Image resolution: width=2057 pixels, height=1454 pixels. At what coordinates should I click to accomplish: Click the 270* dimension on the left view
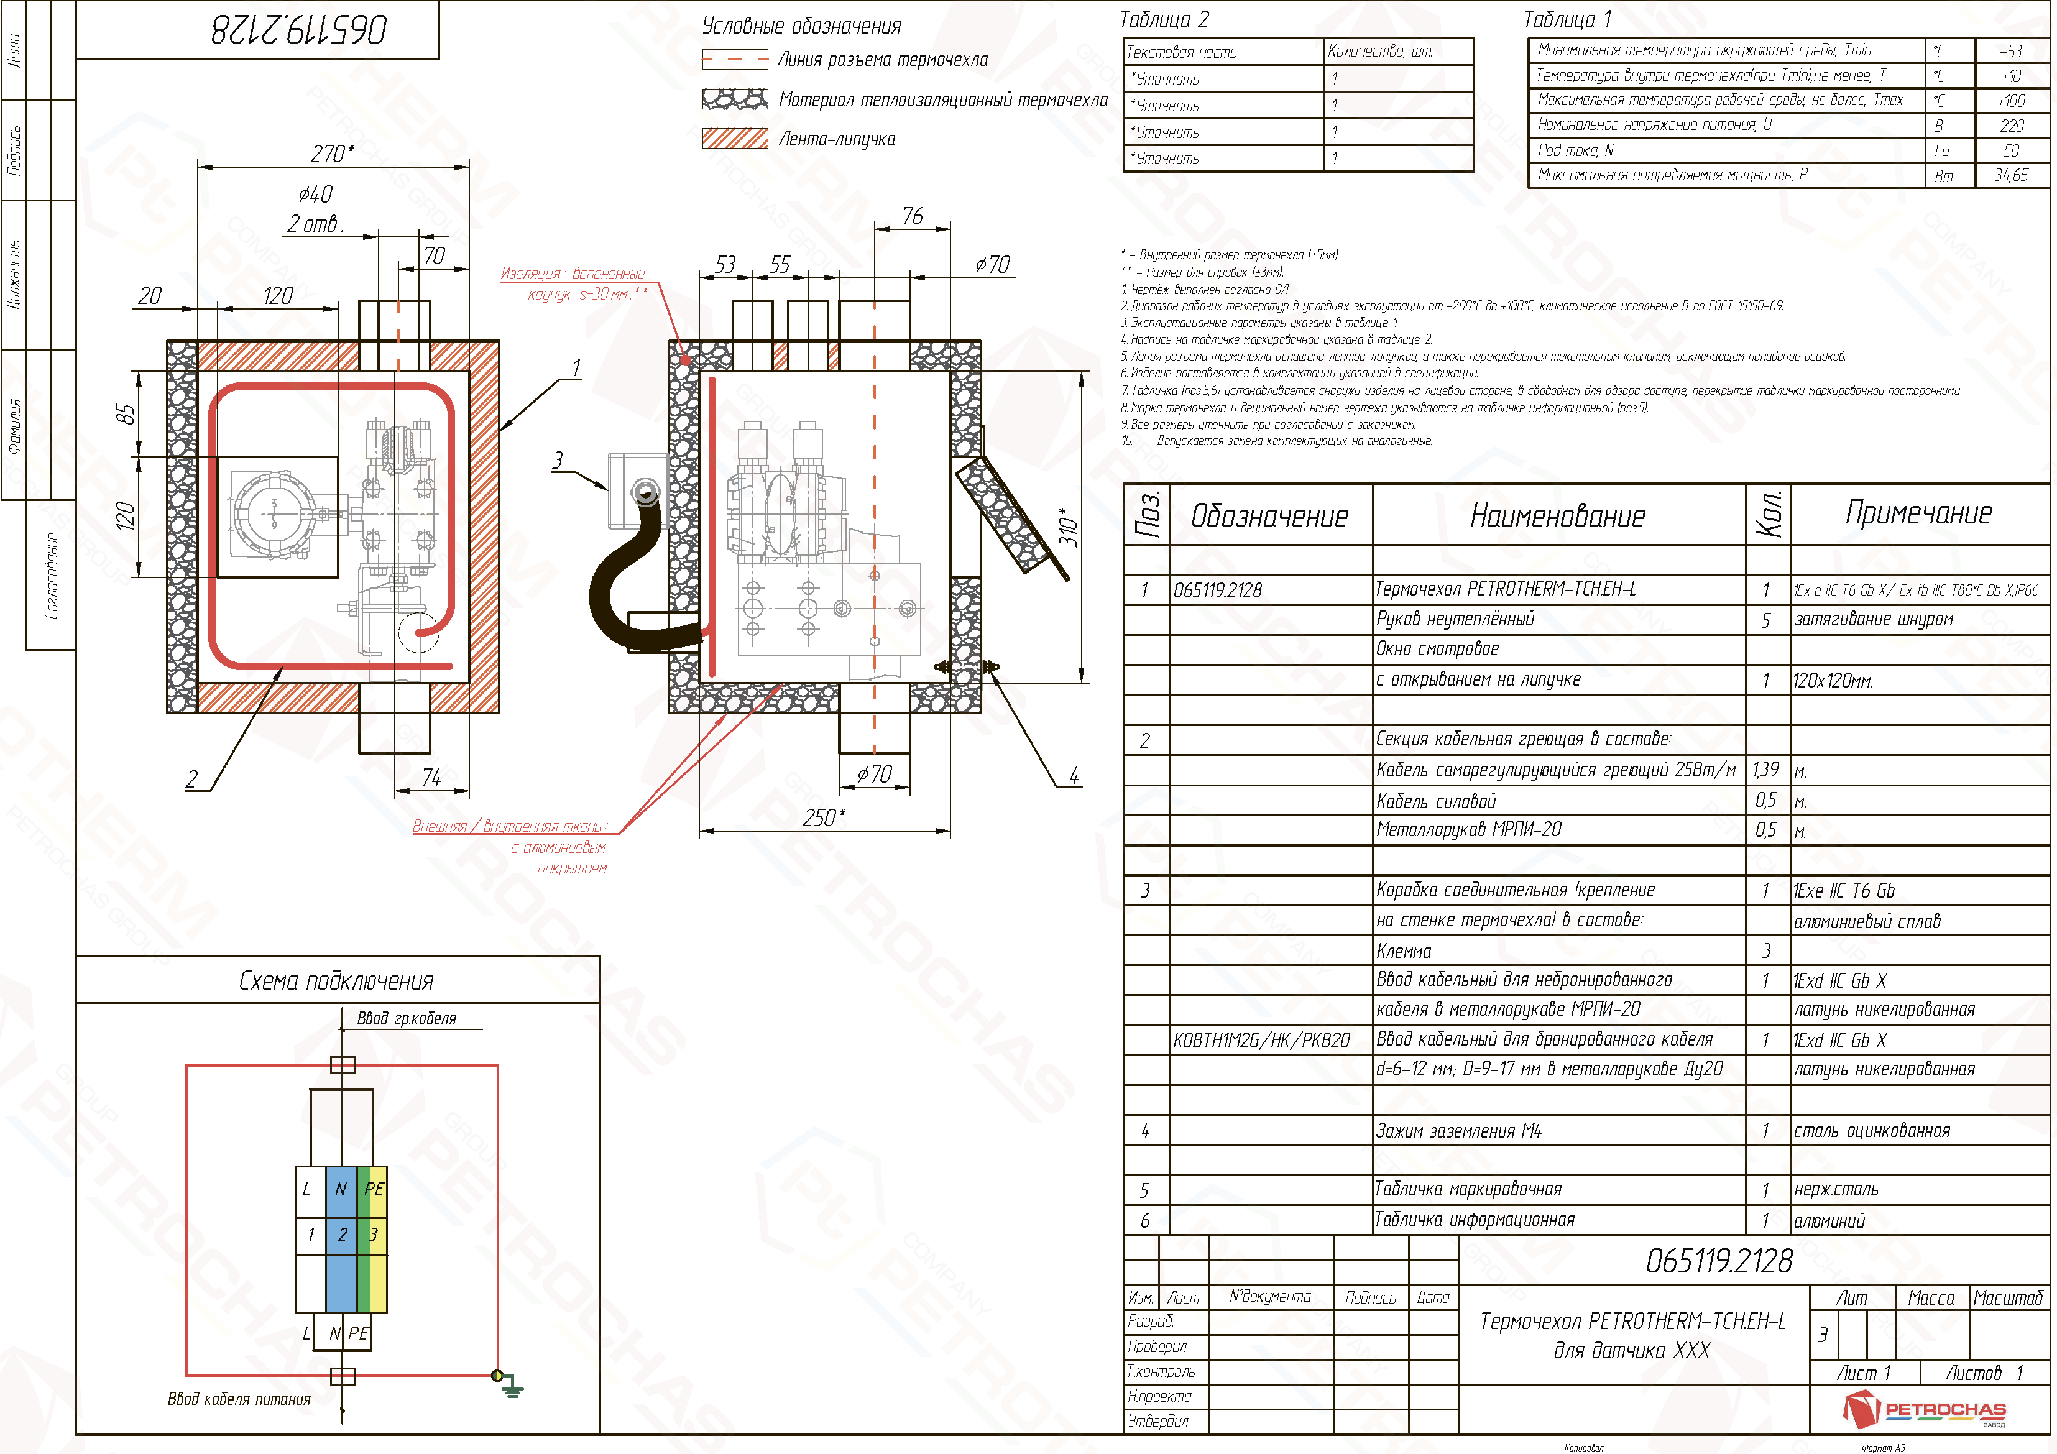pyautogui.click(x=331, y=154)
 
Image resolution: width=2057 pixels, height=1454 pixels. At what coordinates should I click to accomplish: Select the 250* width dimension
pyautogui.click(x=823, y=817)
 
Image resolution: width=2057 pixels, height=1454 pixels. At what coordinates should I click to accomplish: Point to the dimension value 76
pyautogui.click(x=912, y=216)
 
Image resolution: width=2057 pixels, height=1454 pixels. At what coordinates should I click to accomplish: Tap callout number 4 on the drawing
pyautogui.click(x=1074, y=776)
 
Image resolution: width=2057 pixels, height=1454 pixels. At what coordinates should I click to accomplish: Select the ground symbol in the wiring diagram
pyautogui.click(x=510, y=1387)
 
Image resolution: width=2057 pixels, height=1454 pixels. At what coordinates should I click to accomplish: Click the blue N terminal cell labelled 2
pyautogui.click(x=341, y=1235)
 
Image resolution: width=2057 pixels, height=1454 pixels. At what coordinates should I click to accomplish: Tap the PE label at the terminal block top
pyautogui.click(x=374, y=1189)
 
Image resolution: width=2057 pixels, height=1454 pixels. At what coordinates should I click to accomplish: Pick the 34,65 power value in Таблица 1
pyautogui.click(x=2010, y=175)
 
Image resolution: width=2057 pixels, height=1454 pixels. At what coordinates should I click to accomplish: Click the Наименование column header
pyautogui.click(x=1557, y=516)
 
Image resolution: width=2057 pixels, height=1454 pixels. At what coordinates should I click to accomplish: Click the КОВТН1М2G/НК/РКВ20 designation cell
pyautogui.click(x=1261, y=1040)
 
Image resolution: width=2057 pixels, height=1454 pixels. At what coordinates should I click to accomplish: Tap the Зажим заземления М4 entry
pyautogui.click(x=1458, y=1131)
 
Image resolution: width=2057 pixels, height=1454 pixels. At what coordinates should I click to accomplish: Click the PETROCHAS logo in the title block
pyautogui.click(x=1925, y=1409)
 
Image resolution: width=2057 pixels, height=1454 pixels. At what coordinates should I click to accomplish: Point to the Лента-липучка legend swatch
pyautogui.click(x=735, y=139)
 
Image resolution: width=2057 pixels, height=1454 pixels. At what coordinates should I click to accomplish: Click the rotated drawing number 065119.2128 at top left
pyautogui.click(x=298, y=30)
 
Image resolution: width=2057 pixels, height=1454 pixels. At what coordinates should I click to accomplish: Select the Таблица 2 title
pyautogui.click(x=1164, y=20)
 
